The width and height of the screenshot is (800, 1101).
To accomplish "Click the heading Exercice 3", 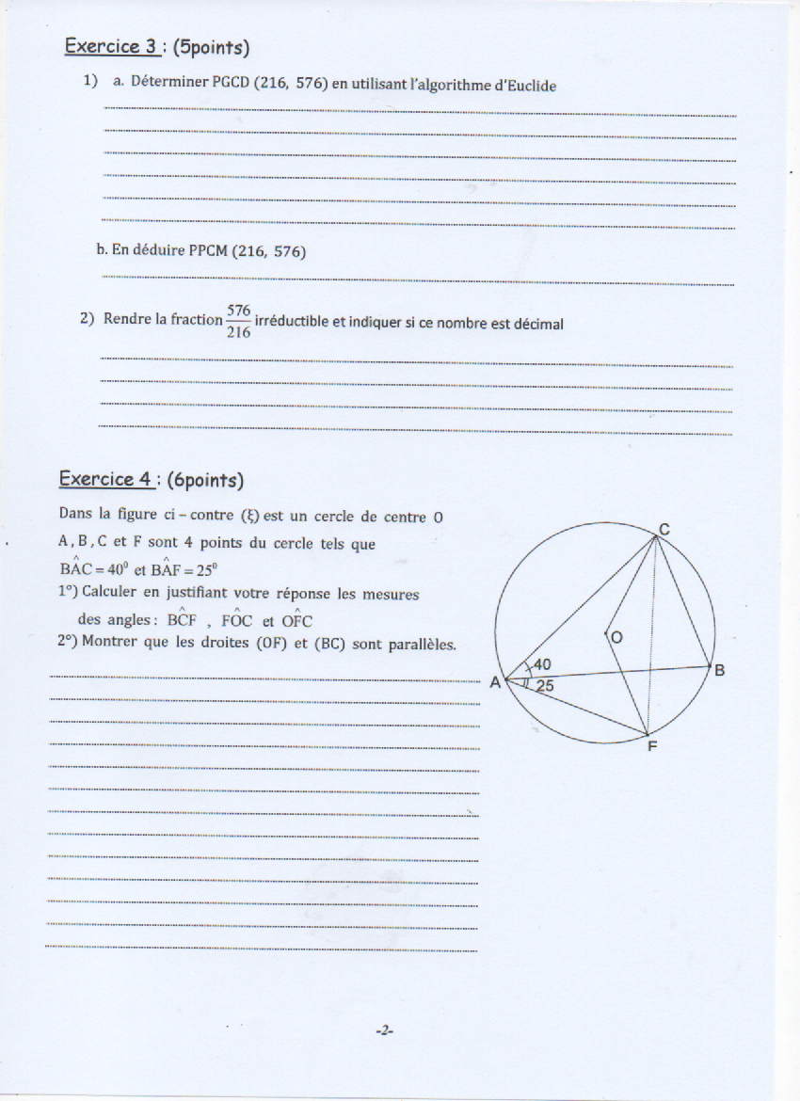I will click(x=109, y=45).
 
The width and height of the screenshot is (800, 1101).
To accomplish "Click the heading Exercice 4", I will click(x=105, y=479).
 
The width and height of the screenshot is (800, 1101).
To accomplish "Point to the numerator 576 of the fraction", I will click(x=238, y=310).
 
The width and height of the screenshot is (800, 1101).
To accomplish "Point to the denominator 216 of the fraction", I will click(x=238, y=331).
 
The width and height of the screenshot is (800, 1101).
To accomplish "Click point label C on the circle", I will click(x=663, y=530).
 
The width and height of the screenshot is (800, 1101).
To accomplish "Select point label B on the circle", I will click(x=719, y=670).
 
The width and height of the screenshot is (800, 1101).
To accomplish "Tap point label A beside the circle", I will click(x=495, y=682).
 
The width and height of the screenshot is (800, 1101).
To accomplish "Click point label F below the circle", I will click(x=651, y=748).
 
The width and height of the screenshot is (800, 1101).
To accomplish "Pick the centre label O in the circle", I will click(x=616, y=638).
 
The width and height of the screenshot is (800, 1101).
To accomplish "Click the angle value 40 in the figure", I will click(x=542, y=664).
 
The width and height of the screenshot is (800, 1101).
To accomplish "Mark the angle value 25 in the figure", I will click(x=545, y=686).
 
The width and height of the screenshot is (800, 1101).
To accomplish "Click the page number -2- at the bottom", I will click(x=383, y=1030).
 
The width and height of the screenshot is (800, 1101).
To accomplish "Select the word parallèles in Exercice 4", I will click(x=420, y=645).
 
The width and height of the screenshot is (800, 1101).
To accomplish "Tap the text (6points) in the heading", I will click(x=206, y=480).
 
